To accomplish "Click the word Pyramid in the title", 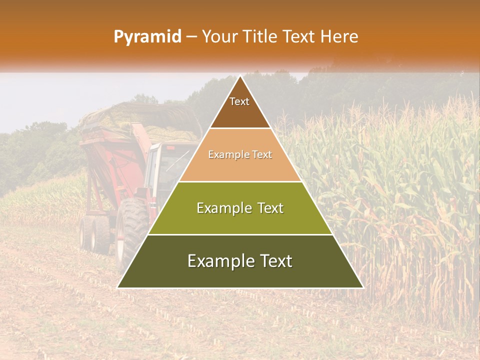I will click(x=147, y=37).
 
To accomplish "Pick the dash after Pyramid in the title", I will click(x=191, y=37).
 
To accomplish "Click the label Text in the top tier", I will click(x=239, y=101).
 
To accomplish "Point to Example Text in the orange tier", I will click(x=240, y=155).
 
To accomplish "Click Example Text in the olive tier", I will click(x=240, y=208).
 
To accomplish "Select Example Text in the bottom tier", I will click(x=240, y=261).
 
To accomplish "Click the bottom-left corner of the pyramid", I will click(x=118, y=287).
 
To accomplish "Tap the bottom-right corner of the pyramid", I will click(x=363, y=287).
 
